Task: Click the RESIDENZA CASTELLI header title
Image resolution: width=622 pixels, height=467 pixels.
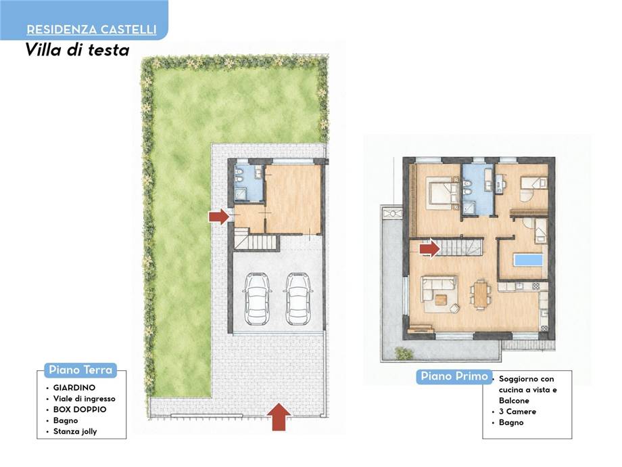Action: pos(92,29)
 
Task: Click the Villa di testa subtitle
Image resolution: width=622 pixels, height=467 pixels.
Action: pos(77,50)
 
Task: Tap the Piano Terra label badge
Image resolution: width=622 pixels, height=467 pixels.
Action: pos(80,370)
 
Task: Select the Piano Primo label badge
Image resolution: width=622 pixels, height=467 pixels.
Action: pos(454,376)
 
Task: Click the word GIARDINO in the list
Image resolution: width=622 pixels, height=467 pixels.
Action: pos(74,388)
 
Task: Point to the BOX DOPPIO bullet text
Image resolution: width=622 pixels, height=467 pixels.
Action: pos(80,409)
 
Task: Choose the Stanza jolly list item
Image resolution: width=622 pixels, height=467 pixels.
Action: pos(75,431)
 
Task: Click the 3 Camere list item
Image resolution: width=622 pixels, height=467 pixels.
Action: pos(517,412)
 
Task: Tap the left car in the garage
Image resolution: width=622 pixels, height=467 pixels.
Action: pos(257,298)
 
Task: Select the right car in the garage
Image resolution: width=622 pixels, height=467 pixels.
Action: pos(298,298)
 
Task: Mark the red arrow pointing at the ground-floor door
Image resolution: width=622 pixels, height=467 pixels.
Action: pos(219,217)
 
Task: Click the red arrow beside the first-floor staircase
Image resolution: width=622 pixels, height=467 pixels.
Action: pos(430,249)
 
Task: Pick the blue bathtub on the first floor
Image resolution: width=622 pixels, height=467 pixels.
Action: pos(529,260)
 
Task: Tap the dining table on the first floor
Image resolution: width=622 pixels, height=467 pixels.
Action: pos(481,294)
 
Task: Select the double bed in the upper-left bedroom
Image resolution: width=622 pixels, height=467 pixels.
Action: pos(441,193)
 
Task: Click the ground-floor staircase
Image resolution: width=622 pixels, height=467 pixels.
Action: pos(256,242)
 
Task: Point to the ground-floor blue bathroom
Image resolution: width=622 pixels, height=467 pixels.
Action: pos(249,183)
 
